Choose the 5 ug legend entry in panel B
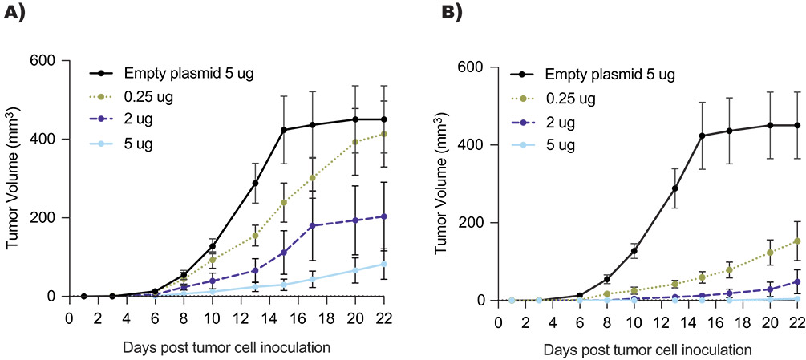[x=562, y=148]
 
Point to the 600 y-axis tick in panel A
[x=47, y=60]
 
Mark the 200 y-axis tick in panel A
[x=47, y=217]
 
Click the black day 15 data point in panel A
[x=284, y=129]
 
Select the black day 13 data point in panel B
[x=675, y=188]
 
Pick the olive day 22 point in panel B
[x=797, y=241]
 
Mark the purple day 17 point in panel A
[x=311, y=225]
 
